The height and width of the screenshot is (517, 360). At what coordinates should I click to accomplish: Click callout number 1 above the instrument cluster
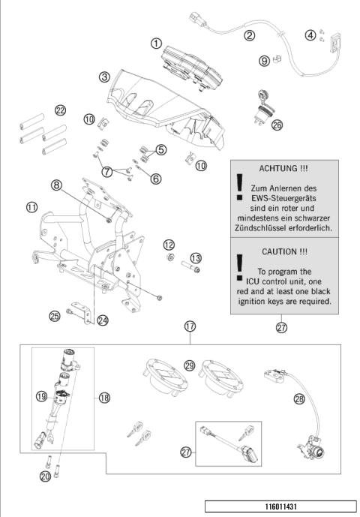[156, 43]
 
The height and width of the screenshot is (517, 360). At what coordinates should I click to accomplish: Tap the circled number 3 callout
[105, 76]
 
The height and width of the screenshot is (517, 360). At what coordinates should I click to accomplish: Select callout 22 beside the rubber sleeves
[60, 110]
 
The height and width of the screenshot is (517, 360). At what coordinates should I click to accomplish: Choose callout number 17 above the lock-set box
[190, 326]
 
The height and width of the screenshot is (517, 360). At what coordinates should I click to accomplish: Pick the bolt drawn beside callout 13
[196, 269]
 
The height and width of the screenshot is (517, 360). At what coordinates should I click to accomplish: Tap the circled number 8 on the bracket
[56, 183]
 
